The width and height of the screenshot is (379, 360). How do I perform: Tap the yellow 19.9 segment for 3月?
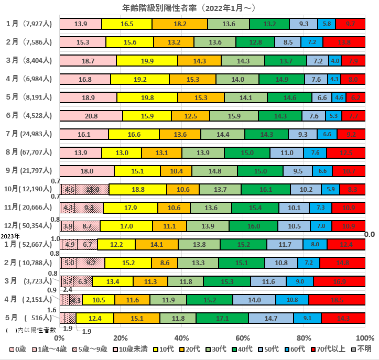147,61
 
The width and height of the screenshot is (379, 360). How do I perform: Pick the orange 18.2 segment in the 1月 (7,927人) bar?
180,24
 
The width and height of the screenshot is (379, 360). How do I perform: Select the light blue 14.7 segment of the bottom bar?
271,318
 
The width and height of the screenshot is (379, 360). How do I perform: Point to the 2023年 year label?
10,236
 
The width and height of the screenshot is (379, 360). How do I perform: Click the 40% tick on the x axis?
181,337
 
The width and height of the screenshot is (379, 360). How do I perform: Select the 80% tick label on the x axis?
304,337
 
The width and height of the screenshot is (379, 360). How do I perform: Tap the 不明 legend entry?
362,349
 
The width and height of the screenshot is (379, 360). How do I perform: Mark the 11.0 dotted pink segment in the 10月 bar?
93,190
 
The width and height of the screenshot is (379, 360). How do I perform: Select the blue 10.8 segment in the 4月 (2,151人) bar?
292,300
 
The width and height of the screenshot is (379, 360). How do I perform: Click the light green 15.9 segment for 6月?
234,116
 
